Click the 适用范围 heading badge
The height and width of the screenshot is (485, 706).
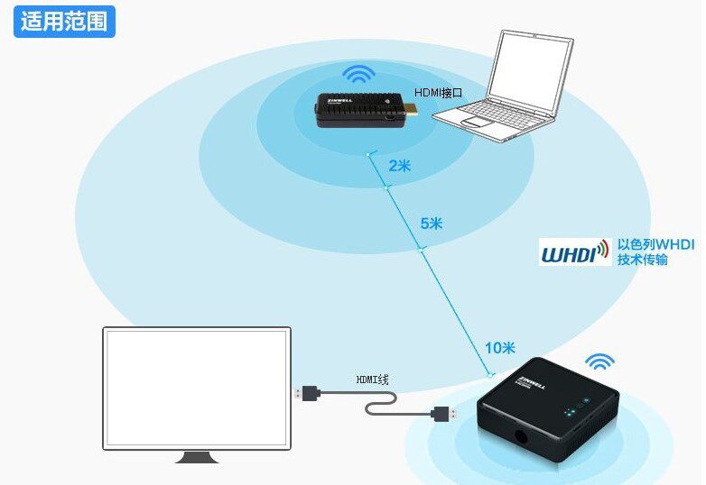63,21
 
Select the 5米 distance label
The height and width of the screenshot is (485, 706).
432,223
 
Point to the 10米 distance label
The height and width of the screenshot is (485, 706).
498,348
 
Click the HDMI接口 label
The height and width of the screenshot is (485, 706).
438,93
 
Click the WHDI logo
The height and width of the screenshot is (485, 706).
573,252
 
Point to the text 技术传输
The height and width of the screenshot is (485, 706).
643,260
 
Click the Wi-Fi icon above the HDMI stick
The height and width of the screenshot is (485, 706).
359,75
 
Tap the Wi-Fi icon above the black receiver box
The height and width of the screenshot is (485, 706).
599,362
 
